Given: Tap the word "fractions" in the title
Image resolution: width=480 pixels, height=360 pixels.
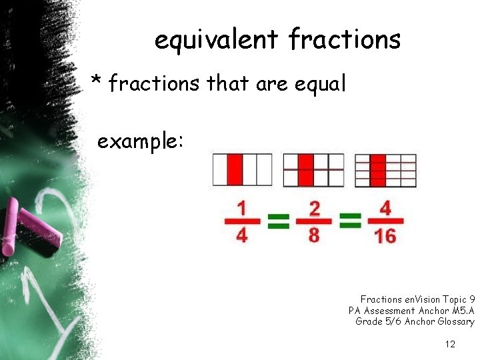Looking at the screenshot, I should pos(345,40).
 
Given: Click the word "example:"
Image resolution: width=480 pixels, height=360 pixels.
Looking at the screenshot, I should pos(139,141).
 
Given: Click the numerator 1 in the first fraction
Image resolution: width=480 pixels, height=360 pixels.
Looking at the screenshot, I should pos(241,209).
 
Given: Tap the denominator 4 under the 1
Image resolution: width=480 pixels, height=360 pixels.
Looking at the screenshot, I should pos(241,235).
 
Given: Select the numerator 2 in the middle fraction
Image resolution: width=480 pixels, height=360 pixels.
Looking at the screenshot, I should pos(314,209).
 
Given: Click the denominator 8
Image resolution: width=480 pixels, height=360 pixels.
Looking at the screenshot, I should pos(314,235).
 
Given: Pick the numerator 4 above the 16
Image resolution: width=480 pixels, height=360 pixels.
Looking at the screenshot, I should pos(385,209).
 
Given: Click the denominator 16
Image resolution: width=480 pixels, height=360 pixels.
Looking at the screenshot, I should pos(385,235).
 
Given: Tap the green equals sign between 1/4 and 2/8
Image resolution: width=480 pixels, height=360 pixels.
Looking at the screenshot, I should pos(279,221).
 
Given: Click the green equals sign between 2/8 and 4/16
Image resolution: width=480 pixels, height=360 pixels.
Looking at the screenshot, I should pos(350,221).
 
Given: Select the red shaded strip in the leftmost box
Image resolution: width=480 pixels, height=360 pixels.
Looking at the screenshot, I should pos(235,169).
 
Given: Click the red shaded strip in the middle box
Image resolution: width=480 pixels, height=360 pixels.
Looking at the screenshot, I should pos(306,169).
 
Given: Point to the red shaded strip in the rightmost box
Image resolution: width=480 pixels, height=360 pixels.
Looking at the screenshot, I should pos(378,170).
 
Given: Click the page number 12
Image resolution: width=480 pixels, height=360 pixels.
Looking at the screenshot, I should pos(450,344).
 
